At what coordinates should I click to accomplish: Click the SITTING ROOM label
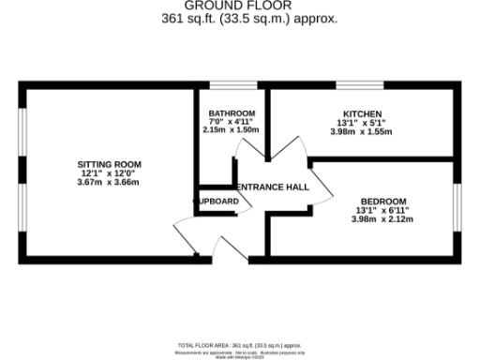click(x=108, y=164)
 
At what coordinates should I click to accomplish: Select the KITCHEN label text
click(x=361, y=113)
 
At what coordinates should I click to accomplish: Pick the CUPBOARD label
click(x=217, y=201)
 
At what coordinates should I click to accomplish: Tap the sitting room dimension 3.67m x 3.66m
click(x=108, y=182)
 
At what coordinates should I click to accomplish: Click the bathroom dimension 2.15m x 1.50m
click(x=232, y=130)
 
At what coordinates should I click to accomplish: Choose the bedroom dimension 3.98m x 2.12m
click(x=382, y=219)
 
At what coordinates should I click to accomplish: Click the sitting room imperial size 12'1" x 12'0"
click(x=108, y=173)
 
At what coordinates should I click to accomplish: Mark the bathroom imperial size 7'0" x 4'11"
click(x=232, y=122)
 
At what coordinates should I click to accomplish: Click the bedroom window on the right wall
click(x=458, y=208)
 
